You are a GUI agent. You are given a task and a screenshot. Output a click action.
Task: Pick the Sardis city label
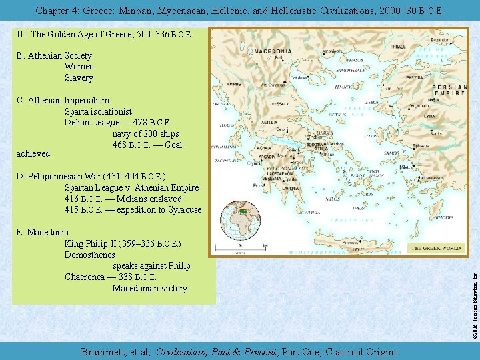[435, 133]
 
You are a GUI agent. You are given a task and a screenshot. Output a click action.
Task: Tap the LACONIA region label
[291, 188]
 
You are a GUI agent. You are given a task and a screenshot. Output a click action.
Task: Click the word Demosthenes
[89, 255]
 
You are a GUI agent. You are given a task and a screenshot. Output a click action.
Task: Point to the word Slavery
[79, 77]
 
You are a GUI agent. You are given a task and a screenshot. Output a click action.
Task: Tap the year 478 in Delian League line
[139, 123]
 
